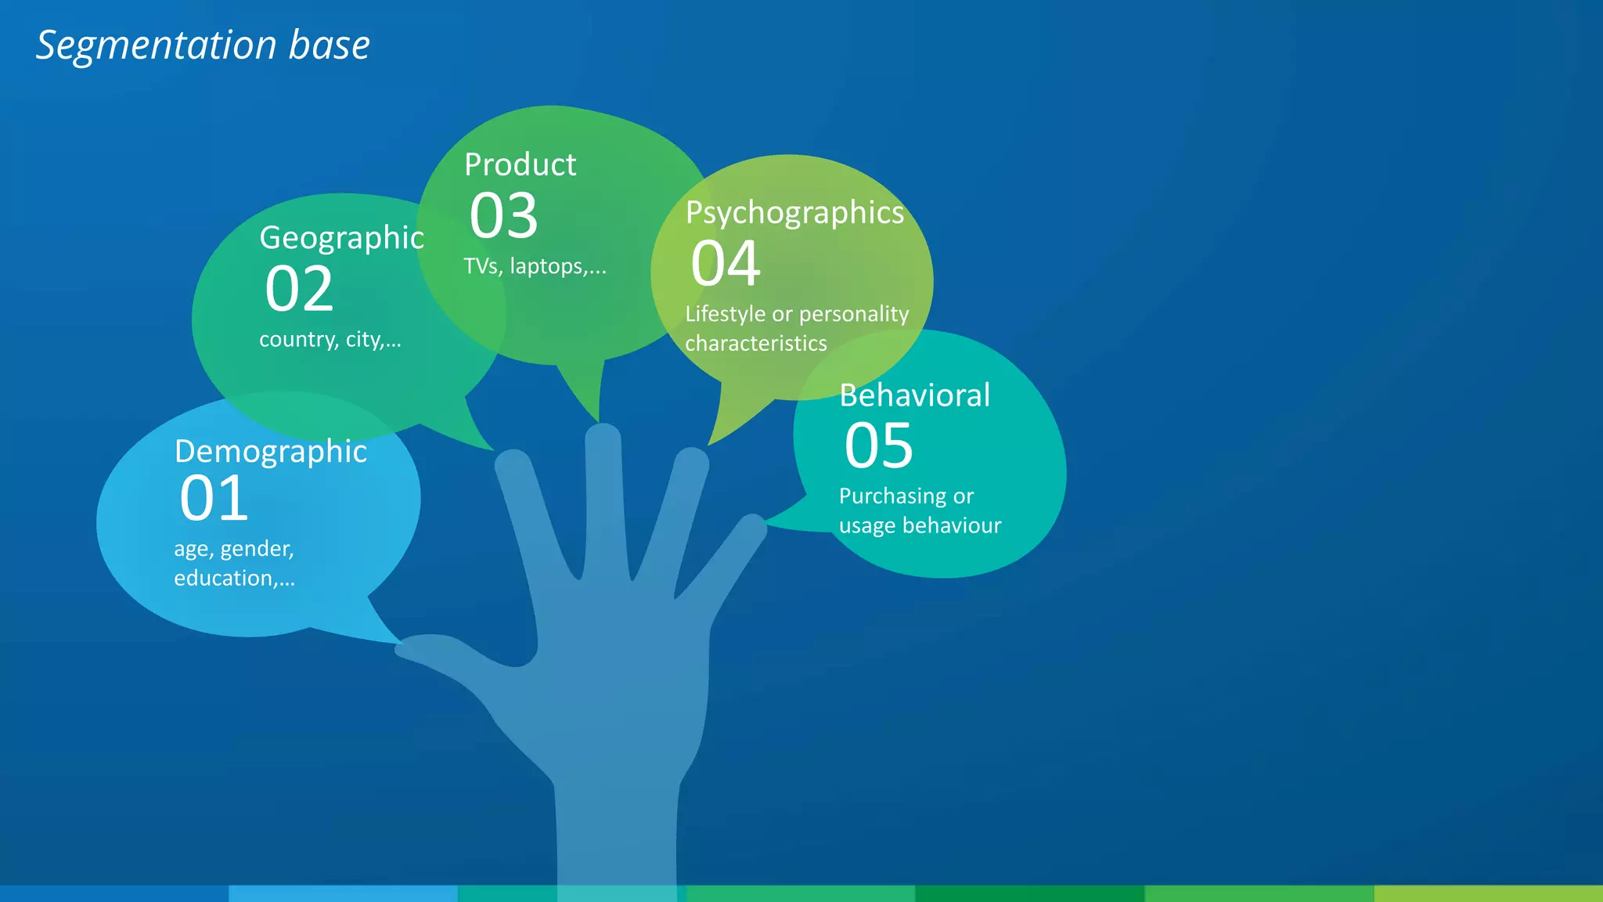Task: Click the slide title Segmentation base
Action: (x=203, y=45)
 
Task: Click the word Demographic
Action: (x=270, y=452)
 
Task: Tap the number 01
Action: (x=214, y=499)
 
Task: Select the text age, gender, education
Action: (x=234, y=563)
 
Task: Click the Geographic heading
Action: (x=341, y=238)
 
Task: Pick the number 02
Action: (x=299, y=289)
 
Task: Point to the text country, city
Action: (x=330, y=340)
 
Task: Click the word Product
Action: (x=520, y=165)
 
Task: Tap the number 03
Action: (x=503, y=216)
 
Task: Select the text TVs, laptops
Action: (x=535, y=266)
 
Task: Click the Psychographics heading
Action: (x=794, y=213)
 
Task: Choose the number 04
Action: (x=726, y=264)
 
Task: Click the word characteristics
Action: (x=755, y=344)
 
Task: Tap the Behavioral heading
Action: (x=914, y=395)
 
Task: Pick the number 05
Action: (x=878, y=446)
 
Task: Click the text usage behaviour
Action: (x=920, y=525)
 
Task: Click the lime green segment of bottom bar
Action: (x=1487, y=893)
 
